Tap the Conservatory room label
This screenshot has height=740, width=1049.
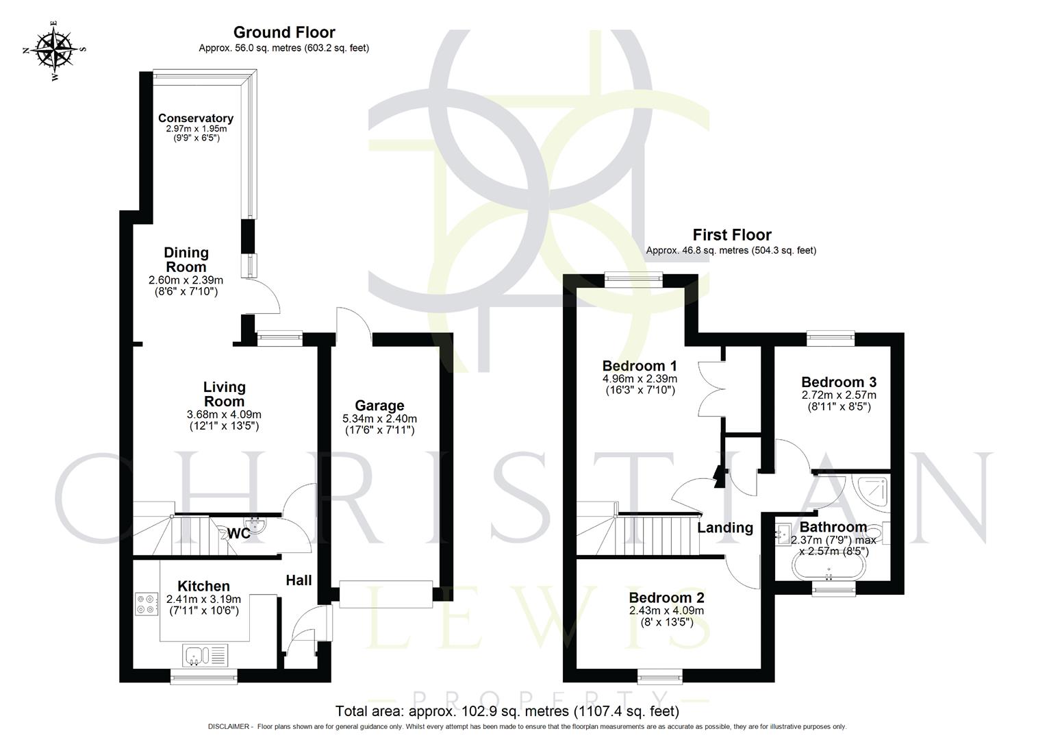pyautogui.click(x=195, y=119)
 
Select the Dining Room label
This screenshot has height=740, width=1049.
pyautogui.click(x=186, y=260)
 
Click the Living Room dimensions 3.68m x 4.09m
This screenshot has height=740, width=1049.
pyautogui.click(x=224, y=415)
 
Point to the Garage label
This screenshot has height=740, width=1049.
pyautogui.click(x=379, y=406)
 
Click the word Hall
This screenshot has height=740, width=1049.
pyautogui.click(x=299, y=580)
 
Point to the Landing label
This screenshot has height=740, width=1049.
pyautogui.click(x=725, y=528)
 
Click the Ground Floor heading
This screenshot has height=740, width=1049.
pyautogui.click(x=284, y=32)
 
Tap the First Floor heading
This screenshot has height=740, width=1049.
pyautogui.click(x=732, y=235)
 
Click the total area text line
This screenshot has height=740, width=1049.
pyautogui.click(x=507, y=711)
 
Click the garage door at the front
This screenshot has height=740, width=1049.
pyautogui.click(x=386, y=593)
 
